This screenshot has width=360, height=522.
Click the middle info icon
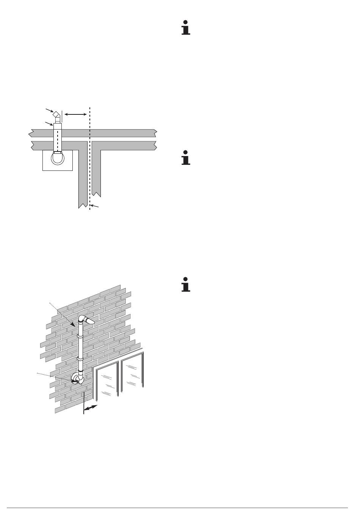pos(185,158)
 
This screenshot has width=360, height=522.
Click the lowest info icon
pos(185,285)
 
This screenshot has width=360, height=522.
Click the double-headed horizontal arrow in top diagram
pos(76,113)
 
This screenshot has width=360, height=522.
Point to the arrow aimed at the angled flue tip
pos(49,110)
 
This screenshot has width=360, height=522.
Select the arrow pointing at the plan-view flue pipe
pos(49,123)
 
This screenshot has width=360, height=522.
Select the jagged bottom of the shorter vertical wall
pos(97,194)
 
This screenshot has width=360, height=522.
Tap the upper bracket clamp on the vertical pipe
pos(80,335)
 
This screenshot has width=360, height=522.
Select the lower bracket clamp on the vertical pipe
pos(80,358)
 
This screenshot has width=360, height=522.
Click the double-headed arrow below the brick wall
pos(91,408)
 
